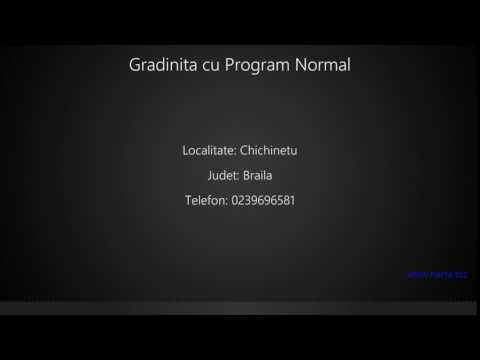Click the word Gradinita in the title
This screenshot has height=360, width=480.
pyautogui.click(x=161, y=65)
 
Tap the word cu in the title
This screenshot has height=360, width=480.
pyautogui.click(x=207, y=66)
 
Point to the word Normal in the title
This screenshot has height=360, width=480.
pyautogui.click(x=321, y=65)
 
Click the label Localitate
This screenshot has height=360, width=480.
pyautogui.click(x=209, y=151)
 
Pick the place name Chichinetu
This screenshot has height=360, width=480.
pyautogui.click(x=269, y=151)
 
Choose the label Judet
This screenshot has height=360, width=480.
pyautogui.click(x=224, y=176)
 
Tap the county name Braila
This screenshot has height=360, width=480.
pyautogui.click(x=256, y=176)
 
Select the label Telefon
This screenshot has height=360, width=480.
pyautogui.click(x=206, y=201)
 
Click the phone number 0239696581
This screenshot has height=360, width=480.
pyautogui.click(x=263, y=201)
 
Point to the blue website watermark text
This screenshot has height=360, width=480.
pyautogui.click(x=438, y=274)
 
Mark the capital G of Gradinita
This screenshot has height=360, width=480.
pyautogui.click(x=135, y=65)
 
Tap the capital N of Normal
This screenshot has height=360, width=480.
pyautogui.click(x=298, y=65)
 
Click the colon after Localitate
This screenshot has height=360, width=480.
pyautogui.click(x=235, y=152)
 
